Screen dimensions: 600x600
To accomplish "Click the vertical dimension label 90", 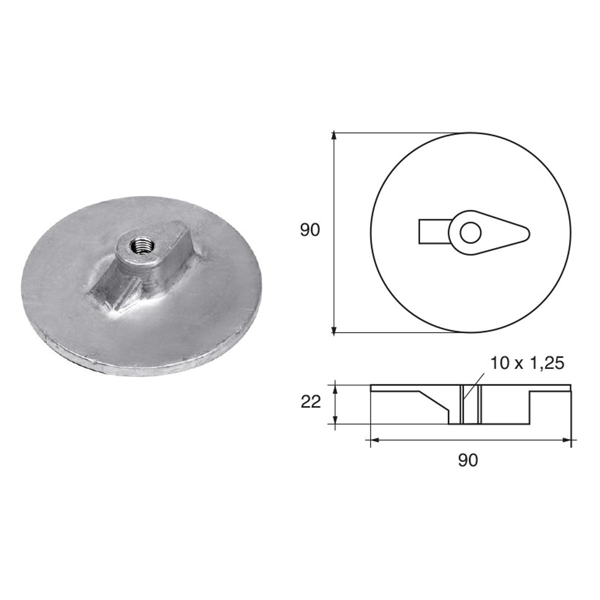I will tap(309, 230).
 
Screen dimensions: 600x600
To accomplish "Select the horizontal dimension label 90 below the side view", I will tap(468, 460).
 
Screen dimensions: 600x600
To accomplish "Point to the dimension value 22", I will tap(311, 402).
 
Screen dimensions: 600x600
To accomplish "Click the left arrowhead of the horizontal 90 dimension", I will tap(372, 440).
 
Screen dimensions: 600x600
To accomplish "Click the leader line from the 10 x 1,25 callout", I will tap(472, 384).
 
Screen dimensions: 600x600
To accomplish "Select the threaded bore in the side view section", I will tap(470, 405).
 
